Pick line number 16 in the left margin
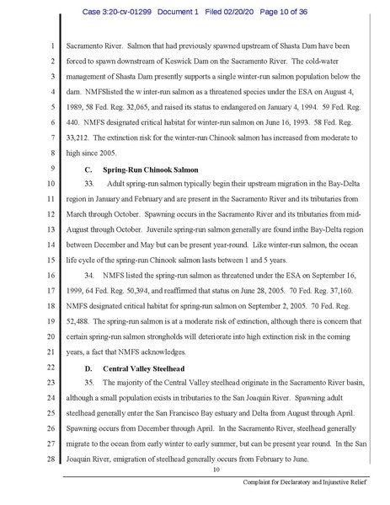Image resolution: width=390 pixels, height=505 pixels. tap(51, 275)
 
